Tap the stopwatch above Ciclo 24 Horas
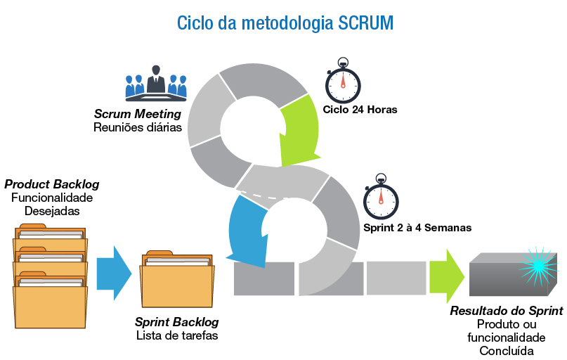[x=343, y=82]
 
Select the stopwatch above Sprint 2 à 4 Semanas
[x=381, y=199]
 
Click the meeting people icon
[x=156, y=82]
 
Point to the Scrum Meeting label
[x=138, y=114]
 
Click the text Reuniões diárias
[x=138, y=128]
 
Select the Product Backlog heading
[x=52, y=184]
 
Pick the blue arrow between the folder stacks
[x=114, y=272]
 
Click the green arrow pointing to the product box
[x=447, y=272]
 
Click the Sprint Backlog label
[x=177, y=322]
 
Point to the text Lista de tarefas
[x=177, y=335]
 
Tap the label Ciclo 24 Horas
[x=360, y=110]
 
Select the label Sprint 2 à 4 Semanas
[x=417, y=228]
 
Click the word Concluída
[x=506, y=351]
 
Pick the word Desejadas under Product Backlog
[x=52, y=210]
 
